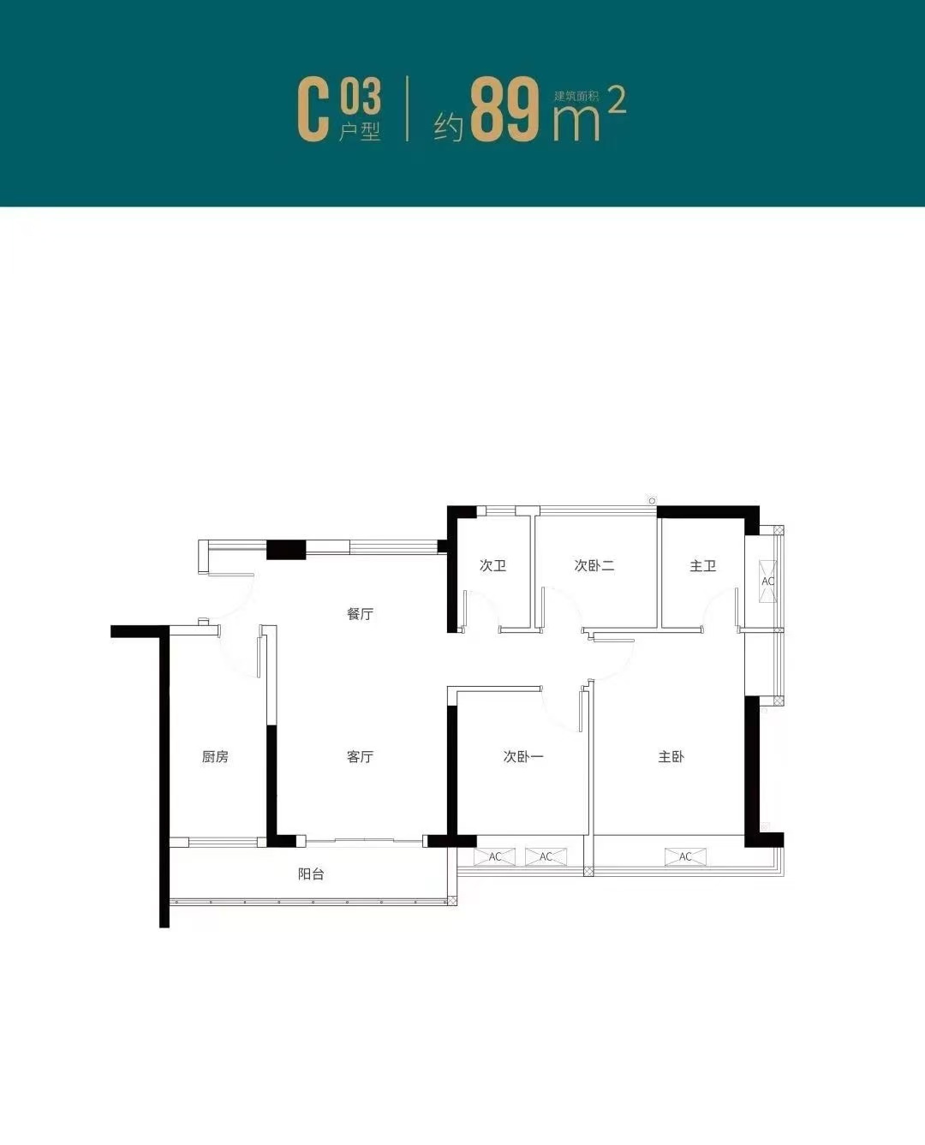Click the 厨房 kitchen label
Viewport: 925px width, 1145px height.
tap(215, 757)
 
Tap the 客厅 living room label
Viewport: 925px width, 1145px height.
tap(360, 757)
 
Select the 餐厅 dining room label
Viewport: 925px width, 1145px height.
tap(360, 614)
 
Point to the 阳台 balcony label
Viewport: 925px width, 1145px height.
tap(311, 874)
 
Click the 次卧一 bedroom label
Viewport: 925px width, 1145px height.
tap(523, 757)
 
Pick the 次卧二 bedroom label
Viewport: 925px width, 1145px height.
tap(594, 565)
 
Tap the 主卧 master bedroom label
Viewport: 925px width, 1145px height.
tap(671, 757)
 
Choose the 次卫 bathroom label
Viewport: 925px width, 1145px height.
tap(492, 565)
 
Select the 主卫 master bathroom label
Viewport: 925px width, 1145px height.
tap(702, 565)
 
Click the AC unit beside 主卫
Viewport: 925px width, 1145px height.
tap(767, 581)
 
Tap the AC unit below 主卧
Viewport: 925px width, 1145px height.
tap(685, 857)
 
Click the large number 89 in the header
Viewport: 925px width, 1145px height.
tap(505, 110)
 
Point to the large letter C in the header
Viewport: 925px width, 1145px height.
tap(313, 111)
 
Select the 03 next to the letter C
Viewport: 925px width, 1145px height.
tap(360, 96)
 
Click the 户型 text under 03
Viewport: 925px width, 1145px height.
tap(360, 132)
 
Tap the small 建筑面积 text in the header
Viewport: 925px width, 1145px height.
tap(576, 97)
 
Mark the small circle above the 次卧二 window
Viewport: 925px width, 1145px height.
tap(652, 500)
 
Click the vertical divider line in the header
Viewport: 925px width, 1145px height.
tap(408, 109)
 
